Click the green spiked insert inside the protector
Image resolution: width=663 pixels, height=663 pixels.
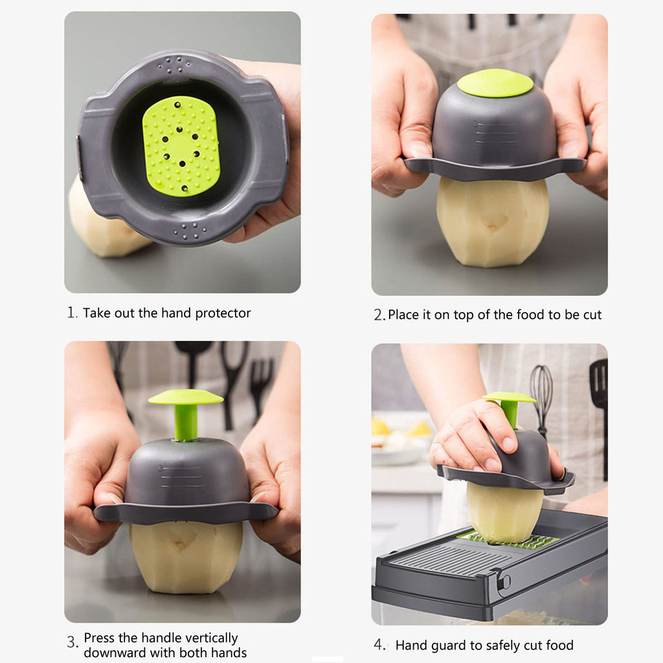click(x=181, y=146)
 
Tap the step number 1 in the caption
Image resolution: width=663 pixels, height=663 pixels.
click(x=71, y=313)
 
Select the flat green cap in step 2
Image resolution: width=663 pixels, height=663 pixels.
click(x=495, y=83)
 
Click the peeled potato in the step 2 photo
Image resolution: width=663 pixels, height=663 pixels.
click(x=492, y=223)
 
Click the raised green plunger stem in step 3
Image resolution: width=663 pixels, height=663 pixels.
click(x=186, y=422)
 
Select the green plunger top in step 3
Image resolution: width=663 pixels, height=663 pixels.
click(x=185, y=397)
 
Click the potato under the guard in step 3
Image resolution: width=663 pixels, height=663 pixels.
click(x=186, y=557)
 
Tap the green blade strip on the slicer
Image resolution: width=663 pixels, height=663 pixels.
click(x=511, y=541)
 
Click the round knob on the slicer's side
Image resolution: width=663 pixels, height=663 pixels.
click(x=503, y=581)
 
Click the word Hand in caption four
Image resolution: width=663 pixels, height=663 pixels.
click(x=410, y=646)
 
